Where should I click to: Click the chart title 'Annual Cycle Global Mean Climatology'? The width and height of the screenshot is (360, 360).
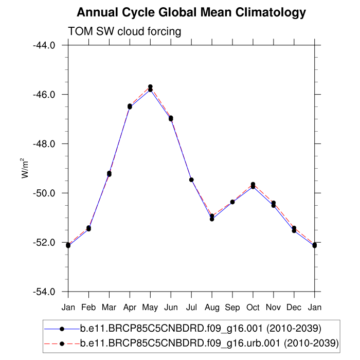191,12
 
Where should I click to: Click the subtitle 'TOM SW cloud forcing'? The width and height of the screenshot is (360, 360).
124,31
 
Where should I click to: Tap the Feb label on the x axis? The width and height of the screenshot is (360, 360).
88,308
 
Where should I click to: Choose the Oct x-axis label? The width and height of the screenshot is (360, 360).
253,308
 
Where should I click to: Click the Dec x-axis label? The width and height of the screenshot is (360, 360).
294,308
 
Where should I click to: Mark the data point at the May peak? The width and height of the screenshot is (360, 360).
150,88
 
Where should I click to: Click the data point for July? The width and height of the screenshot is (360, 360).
191,179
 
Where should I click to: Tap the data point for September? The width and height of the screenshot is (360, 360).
232,202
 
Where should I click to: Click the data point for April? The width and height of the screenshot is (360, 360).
130,106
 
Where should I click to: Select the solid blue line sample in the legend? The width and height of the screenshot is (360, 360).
62,328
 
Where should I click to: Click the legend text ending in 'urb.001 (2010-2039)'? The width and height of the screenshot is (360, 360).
209,343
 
